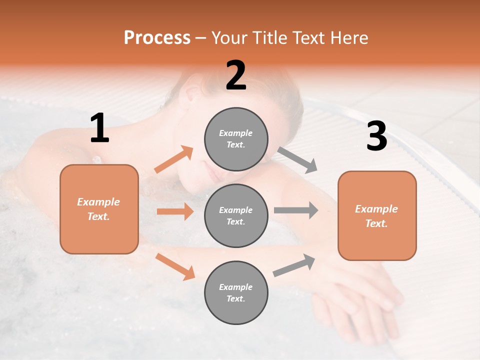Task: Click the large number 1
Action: [x=99, y=128]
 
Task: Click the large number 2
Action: [x=236, y=76]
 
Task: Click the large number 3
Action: [x=376, y=136]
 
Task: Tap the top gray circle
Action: [x=236, y=139]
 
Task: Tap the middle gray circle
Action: [x=236, y=216]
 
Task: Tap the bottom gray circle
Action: [x=236, y=293]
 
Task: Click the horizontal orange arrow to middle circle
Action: [x=175, y=211]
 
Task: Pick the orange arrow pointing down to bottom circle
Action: [x=175, y=266]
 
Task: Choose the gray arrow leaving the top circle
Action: [x=297, y=160]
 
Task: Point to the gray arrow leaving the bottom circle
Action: [x=294, y=265]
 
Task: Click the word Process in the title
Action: [x=157, y=38]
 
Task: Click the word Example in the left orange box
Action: [x=98, y=202]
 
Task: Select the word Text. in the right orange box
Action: [x=376, y=223]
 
